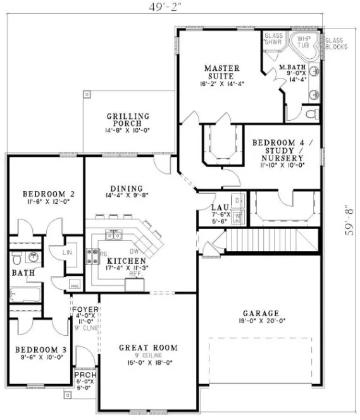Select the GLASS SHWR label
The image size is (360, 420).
tap(273, 40)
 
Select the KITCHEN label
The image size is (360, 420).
tap(127, 261)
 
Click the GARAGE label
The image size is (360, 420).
tap(259, 313)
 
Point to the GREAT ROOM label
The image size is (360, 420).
tap(148, 348)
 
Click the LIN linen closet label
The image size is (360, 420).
tap(68, 252)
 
